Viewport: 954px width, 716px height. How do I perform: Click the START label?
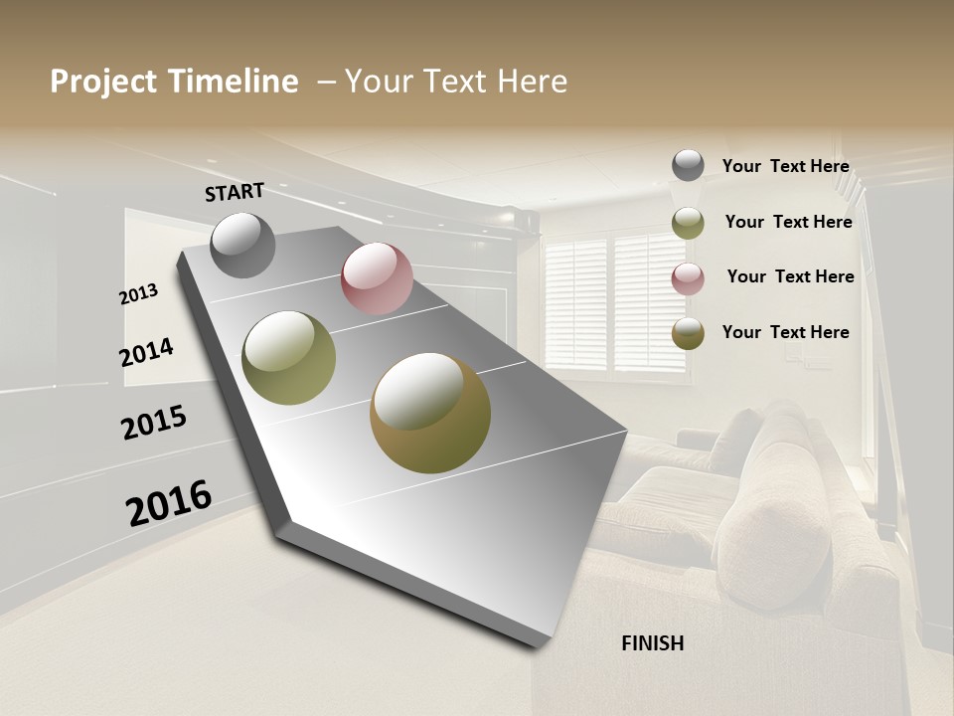(x=235, y=192)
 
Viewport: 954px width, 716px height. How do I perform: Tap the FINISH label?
(x=653, y=643)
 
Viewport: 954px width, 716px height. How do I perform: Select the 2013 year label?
(x=139, y=293)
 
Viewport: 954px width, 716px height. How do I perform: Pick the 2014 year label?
(x=147, y=352)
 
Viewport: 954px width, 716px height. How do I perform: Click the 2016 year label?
(x=169, y=502)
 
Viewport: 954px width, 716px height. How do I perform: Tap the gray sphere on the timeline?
(x=242, y=245)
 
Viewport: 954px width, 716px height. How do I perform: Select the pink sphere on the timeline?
(x=377, y=278)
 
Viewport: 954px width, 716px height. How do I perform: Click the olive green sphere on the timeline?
(x=289, y=358)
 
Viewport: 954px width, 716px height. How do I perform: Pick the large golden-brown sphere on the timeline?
(x=430, y=413)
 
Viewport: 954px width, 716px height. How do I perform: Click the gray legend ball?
(x=688, y=165)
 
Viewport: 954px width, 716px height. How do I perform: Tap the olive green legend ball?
(x=688, y=223)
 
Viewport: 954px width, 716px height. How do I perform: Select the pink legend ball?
(x=688, y=278)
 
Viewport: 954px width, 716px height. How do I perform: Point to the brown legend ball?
(x=688, y=333)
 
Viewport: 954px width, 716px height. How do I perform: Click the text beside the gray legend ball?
(x=785, y=166)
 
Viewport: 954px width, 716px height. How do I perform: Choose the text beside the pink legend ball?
(x=790, y=276)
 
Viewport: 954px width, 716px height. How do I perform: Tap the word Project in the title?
(x=103, y=82)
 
